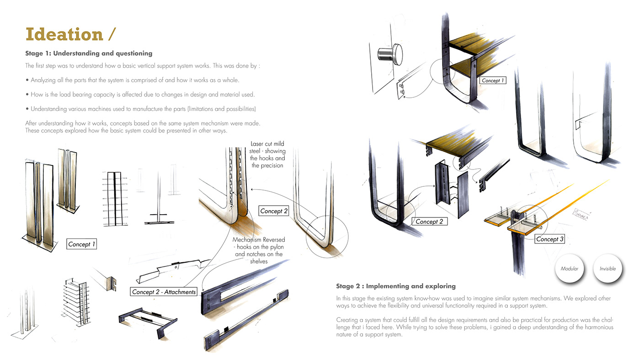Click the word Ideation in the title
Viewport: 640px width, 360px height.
(x=64, y=35)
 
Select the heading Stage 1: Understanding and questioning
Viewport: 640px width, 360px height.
(x=89, y=53)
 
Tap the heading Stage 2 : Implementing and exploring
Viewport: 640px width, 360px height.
(x=395, y=286)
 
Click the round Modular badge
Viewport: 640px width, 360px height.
(x=570, y=268)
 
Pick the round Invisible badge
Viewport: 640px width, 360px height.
(x=608, y=268)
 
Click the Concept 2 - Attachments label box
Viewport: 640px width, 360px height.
(x=164, y=291)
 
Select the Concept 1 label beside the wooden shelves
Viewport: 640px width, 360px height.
(x=493, y=80)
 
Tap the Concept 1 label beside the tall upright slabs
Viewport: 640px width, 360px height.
(x=82, y=244)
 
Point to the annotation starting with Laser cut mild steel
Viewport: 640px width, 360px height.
(x=267, y=154)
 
